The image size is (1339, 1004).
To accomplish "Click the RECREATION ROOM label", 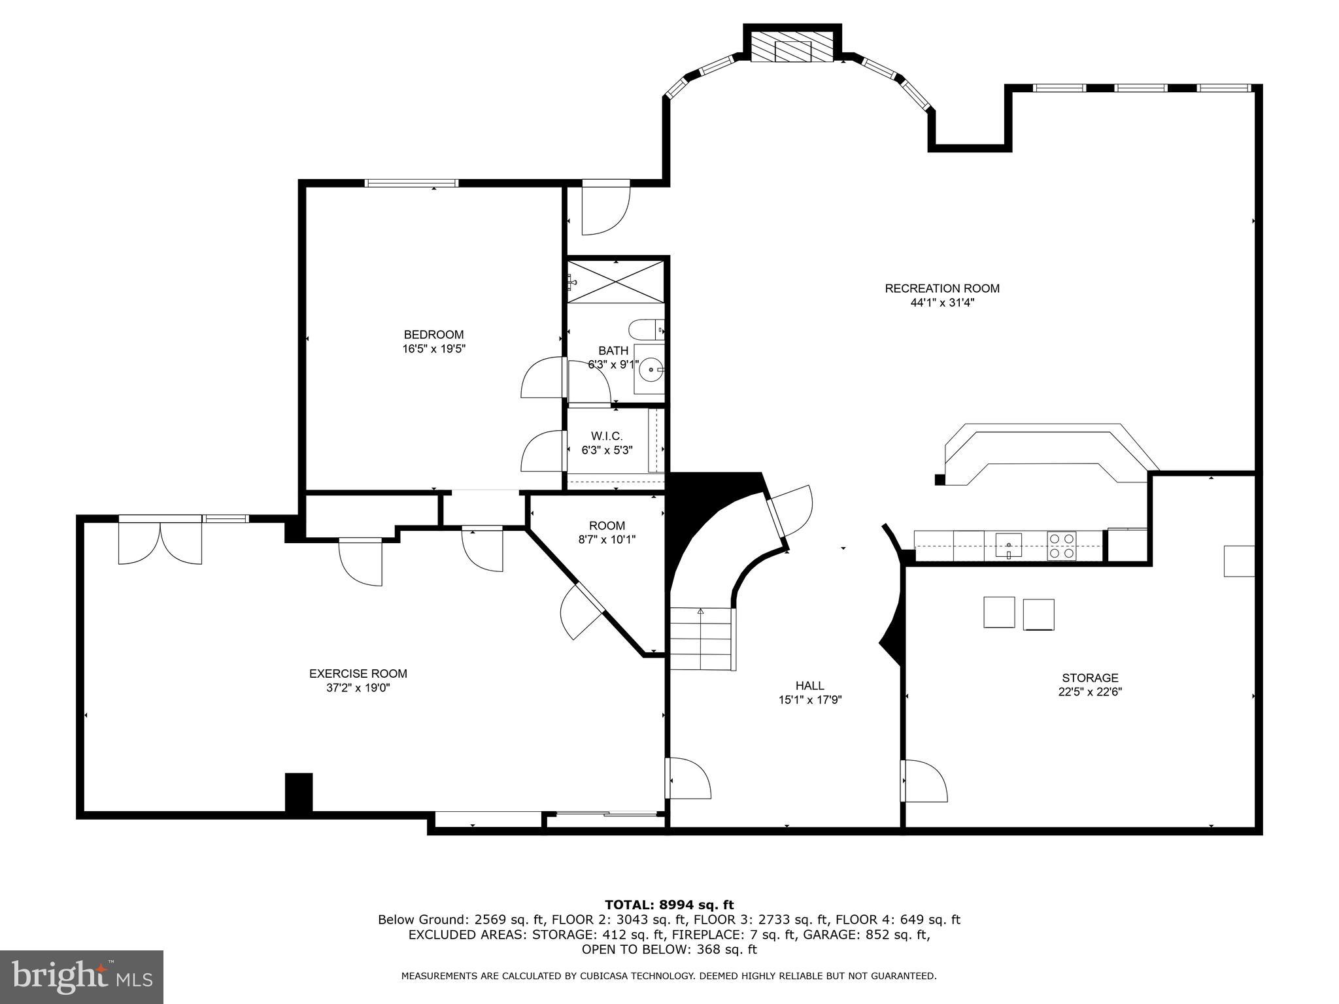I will tap(941, 288).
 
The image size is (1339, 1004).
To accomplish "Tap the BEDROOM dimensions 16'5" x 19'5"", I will tap(433, 349).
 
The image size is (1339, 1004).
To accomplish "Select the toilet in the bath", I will tap(646, 327).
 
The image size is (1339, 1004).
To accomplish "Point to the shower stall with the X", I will tap(615, 282).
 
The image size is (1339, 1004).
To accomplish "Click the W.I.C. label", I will tap(607, 436).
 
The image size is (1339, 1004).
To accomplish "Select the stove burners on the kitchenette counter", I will tap(1062, 545).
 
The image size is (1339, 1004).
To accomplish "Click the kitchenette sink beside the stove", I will tap(1009, 544).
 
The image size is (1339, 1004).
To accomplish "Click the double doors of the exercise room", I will tap(160, 543).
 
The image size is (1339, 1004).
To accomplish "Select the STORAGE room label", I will tap(1089, 678).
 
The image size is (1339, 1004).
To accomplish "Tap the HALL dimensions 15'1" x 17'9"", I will tap(809, 699).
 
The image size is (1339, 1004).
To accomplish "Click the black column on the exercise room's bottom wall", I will tap(299, 792).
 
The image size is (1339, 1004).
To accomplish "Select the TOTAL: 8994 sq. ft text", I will tap(669, 905).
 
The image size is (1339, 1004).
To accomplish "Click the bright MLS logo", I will tap(82, 977).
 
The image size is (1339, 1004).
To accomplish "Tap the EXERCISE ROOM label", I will tap(358, 673).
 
